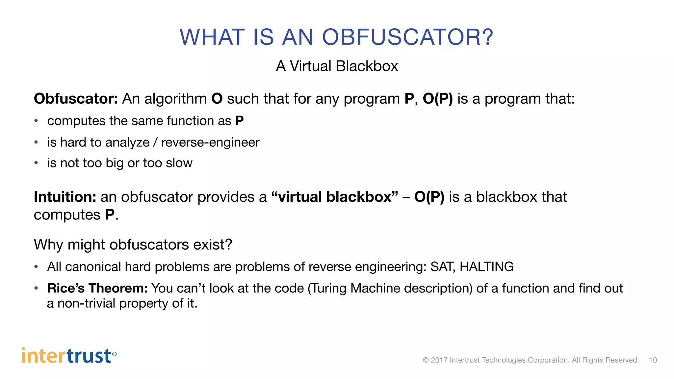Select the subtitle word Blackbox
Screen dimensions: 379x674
pos(367,66)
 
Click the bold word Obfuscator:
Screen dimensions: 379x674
pos(76,99)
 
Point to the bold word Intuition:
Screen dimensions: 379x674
pos(65,197)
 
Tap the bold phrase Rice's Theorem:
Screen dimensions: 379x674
pos(97,288)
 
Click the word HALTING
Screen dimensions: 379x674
pos(486,267)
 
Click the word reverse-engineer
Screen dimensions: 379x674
pos(210,142)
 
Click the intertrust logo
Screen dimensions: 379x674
pos(69,356)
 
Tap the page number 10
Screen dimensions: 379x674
pos(653,360)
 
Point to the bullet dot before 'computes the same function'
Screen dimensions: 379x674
pos(36,121)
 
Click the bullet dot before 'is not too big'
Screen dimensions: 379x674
pos(36,163)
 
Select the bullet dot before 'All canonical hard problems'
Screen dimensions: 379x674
pos(36,267)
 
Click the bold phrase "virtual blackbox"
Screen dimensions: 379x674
pos(334,197)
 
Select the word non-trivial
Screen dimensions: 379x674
pos(87,303)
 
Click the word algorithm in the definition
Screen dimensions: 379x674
pos(175,99)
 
